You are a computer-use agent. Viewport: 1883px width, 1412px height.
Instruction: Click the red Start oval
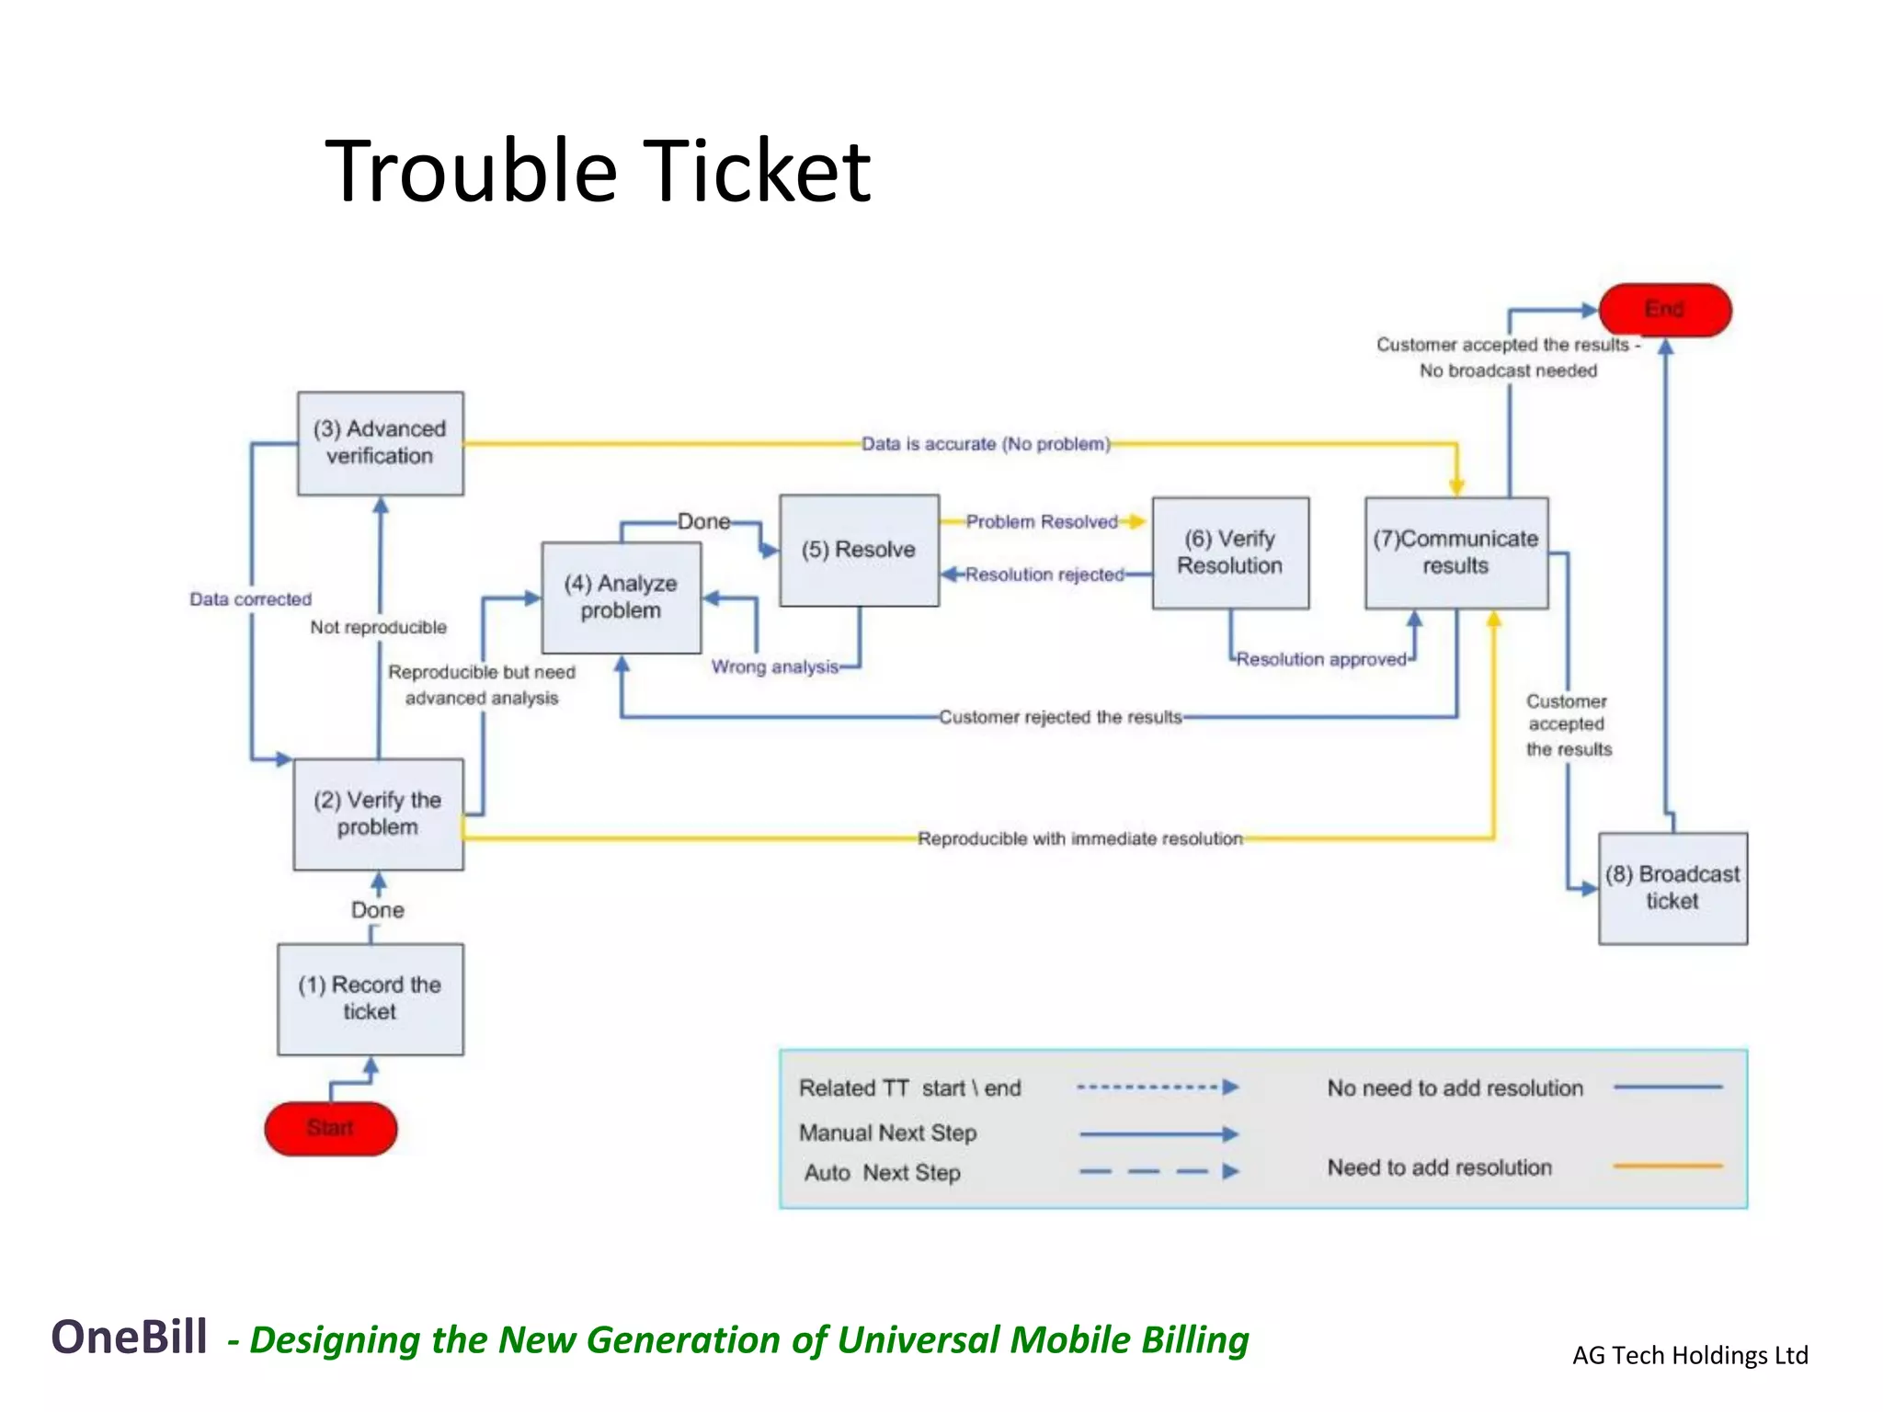(330, 1128)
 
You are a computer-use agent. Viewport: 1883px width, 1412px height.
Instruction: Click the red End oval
(1664, 310)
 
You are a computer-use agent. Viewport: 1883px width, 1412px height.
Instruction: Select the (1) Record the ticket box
(370, 998)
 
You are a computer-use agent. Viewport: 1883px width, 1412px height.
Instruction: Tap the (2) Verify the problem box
(378, 814)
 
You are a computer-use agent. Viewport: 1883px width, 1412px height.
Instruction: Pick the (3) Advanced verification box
(380, 443)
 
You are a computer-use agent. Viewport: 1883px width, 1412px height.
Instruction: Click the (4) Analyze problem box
(621, 598)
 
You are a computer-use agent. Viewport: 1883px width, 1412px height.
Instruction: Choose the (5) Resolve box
(859, 550)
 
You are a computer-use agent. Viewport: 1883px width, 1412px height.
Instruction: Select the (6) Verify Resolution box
(1230, 552)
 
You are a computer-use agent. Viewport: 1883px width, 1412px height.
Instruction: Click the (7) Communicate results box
(1455, 552)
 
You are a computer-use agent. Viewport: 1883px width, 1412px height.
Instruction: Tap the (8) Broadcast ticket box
(1672, 888)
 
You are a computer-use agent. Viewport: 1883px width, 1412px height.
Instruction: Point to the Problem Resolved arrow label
(1042, 522)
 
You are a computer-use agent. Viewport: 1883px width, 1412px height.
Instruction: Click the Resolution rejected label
(1044, 575)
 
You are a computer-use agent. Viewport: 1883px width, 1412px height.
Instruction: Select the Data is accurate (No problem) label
(986, 444)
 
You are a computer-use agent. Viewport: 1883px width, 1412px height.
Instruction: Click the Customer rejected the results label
(1060, 717)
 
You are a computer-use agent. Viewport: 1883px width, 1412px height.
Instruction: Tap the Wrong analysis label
(775, 666)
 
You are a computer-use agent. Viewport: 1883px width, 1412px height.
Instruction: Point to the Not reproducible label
(378, 627)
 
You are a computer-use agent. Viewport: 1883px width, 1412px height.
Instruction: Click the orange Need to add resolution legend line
(1668, 1166)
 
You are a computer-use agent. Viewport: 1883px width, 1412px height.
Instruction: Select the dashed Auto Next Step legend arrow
(1158, 1172)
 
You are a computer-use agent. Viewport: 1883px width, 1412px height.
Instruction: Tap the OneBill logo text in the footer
(129, 1337)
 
